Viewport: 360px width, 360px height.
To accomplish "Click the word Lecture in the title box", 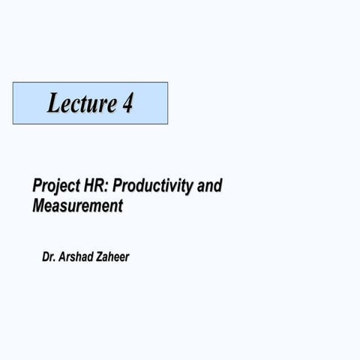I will coord(81,103).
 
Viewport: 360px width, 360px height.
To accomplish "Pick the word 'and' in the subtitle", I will coord(210,185).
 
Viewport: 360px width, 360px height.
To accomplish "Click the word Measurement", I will coord(77,205).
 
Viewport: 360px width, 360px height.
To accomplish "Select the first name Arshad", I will coord(79,257).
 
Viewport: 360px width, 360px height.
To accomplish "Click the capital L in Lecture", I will coord(54,103).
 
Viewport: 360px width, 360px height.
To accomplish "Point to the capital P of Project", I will coord(37,185).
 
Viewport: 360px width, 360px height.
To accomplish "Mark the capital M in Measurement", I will coord(39,205).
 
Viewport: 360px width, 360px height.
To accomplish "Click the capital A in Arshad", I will coord(64,257).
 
